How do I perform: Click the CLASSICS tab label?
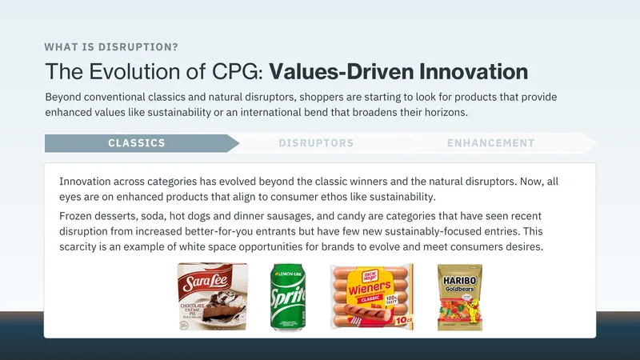click(137, 143)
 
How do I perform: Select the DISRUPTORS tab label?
click(316, 143)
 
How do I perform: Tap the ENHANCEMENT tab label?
click(490, 143)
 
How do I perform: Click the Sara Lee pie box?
click(212, 296)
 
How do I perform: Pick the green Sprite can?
click(288, 297)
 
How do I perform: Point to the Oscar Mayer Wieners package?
click(372, 296)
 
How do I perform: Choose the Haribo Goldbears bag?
click(460, 297)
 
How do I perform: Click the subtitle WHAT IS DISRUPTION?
click(111, 47)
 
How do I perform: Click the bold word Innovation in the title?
click(474, 71)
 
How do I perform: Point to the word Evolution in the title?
click(135, 71)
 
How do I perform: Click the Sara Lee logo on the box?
click(206, 282)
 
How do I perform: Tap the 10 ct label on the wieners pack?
click(403, 321)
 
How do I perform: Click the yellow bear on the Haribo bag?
click(473, 310)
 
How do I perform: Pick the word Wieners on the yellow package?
click(370, 288)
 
